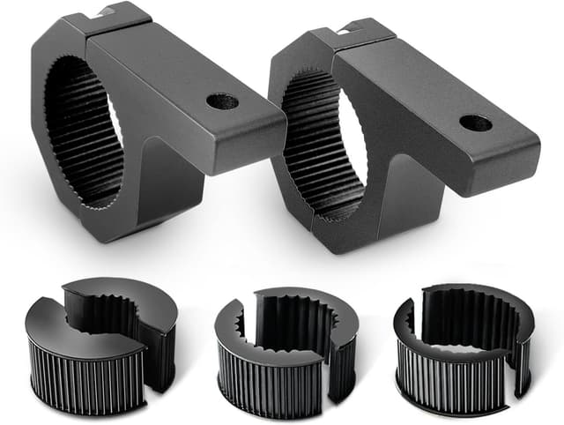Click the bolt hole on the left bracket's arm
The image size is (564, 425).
pyautogui.click(x=222, y=101)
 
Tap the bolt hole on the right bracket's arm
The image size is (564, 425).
pyautogui.click(x=476, y=123)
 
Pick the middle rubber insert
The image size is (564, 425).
pyautogui.click(x=286, y=348)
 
